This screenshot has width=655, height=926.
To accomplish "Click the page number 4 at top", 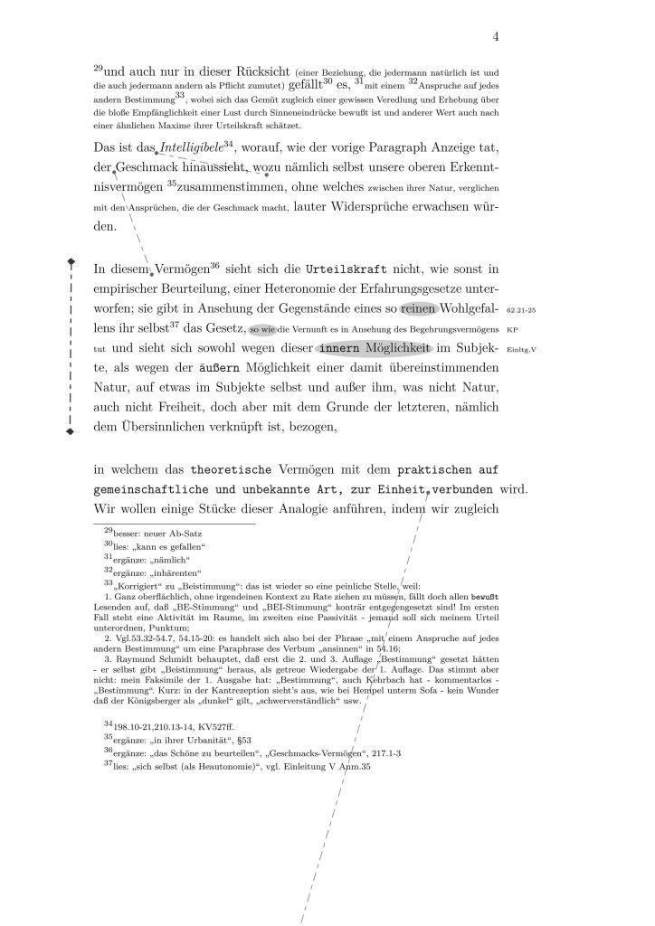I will point(497,36).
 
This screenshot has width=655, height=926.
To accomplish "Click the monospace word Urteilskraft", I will point(345,269).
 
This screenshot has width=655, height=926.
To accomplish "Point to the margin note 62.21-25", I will point(522,308).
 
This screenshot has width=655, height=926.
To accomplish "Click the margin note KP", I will point(512,329).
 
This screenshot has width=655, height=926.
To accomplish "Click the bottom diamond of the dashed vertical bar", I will point(71,432).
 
